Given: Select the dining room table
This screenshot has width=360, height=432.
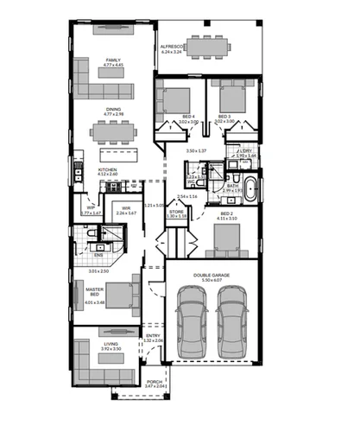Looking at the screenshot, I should (x=114, y=131).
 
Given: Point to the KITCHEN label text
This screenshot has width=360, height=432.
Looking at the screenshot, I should (x=107, y=169).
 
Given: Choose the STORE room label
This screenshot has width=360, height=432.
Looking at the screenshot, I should (x=177, y=210).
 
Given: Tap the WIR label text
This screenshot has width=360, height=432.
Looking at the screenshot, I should (x=126, y=207).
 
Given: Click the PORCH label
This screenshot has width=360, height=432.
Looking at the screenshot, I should (x=155, y=381).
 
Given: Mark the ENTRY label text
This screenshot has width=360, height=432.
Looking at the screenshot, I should (x=153, y=335).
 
